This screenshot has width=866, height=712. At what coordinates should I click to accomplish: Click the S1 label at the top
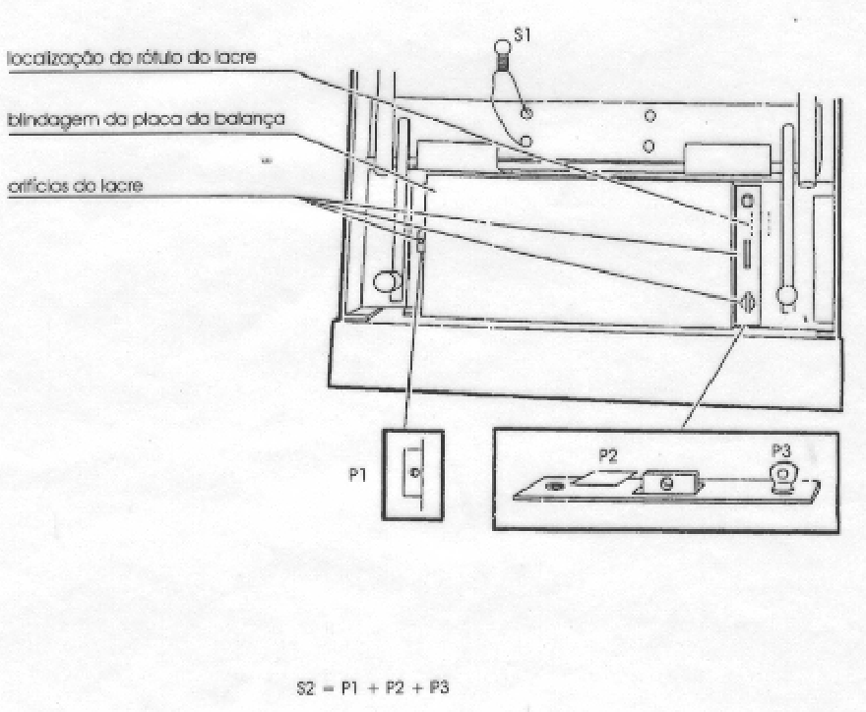click(522, 34)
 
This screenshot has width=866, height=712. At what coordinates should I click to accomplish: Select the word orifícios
click(38, 186)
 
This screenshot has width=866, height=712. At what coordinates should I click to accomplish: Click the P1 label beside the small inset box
click(358, 474)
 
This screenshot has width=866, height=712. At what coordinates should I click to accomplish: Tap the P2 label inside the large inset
click(607, 456)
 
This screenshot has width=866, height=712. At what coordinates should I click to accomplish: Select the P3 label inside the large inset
click(781, 450)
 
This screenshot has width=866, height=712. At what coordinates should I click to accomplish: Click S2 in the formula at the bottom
click(305, 688)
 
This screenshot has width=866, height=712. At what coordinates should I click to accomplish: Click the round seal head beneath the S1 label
click(502, 47)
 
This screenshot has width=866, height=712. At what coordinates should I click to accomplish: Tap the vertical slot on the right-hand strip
click(747, 255)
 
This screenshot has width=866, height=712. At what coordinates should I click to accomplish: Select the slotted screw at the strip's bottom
click(746, 303)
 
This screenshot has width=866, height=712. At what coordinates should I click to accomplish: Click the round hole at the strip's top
click(747, 201)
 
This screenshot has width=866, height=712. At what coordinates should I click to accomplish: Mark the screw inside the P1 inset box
click(415, 472)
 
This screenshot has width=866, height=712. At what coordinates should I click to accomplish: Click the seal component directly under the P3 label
click(782, 478)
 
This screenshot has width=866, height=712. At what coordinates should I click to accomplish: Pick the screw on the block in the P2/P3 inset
click(666, 485)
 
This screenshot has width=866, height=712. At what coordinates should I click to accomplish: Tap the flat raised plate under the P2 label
click(605, 478)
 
